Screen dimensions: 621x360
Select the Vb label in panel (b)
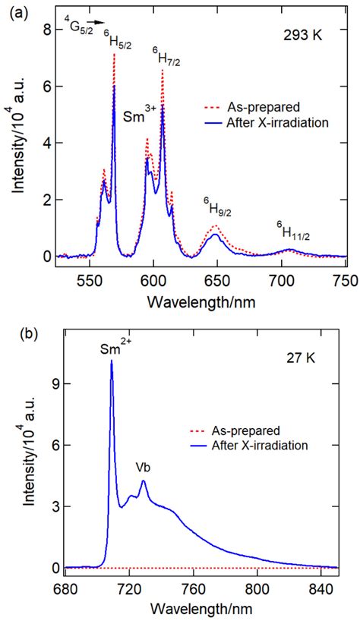143,468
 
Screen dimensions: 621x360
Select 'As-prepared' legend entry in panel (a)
256,107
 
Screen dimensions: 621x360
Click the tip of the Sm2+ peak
112,361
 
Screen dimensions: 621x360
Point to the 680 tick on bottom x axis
66,587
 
